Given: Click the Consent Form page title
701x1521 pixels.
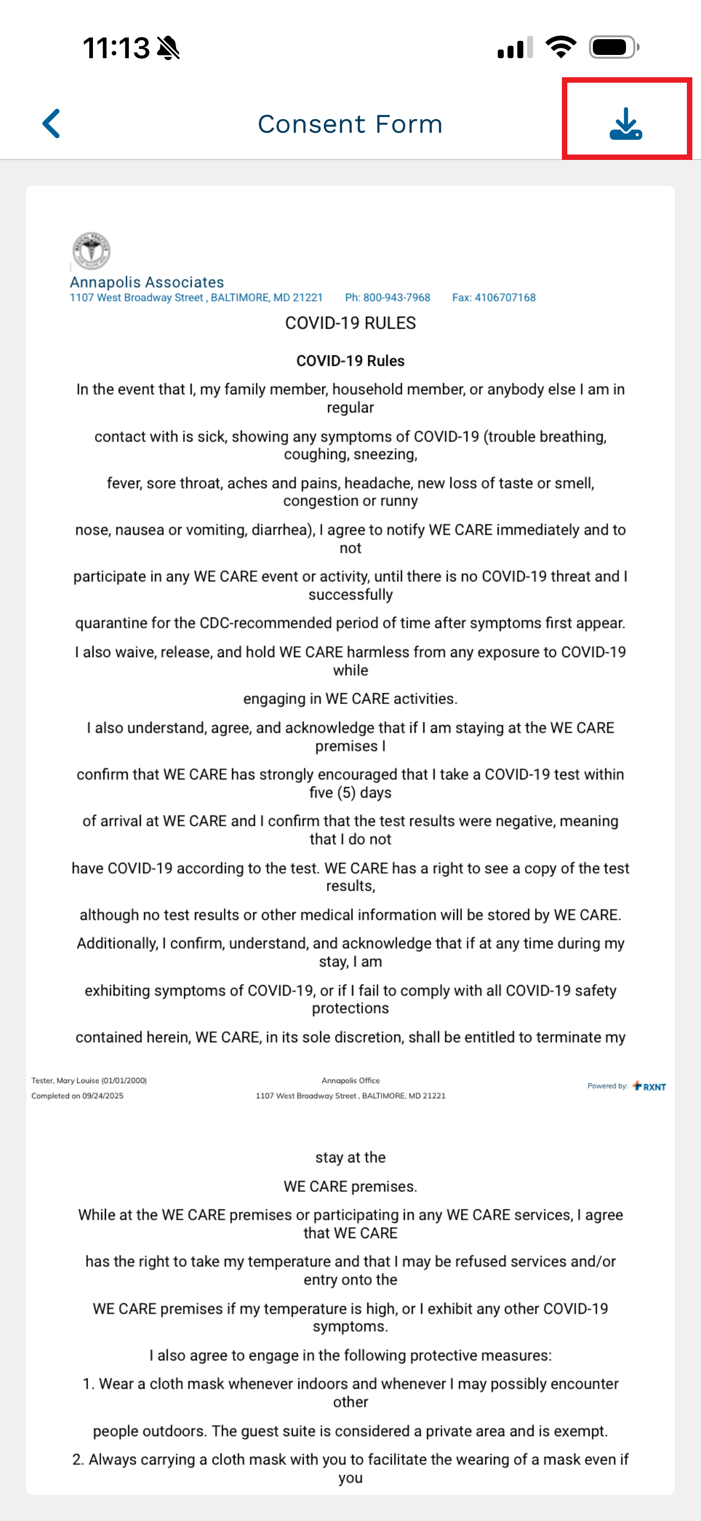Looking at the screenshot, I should pyautogui.click(x=350, y=124).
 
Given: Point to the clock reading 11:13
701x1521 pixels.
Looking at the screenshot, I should pyautogui.click(x=116, y=48).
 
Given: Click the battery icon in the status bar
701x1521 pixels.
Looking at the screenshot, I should pyautogui.click(x=613, y=47).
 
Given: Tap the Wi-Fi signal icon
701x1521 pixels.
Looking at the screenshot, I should pyautogui.click(x=561, y=47).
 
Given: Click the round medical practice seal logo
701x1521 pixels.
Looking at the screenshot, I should pyautogui.click(x=91, y=250).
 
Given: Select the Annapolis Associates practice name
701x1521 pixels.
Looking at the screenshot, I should pyautogui.click(x=147, y=282).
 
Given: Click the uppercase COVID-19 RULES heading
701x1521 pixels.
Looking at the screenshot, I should pyautogui.click(x=351, y=323).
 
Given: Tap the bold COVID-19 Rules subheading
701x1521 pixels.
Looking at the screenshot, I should pyautogui.click(x=351, y=361).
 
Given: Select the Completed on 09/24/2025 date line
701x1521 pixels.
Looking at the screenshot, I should pyautogui.click(x=77, y=1096).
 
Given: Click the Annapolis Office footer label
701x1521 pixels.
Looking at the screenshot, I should pyautogui.click(x=351, y=1080).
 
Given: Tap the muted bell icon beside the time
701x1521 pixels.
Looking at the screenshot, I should pyautogui.click(x=169, y=48).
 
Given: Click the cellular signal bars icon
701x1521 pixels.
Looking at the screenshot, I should pyautogui.click(x=515, y=47).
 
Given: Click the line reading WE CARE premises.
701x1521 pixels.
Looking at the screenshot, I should pyautogui.click(x=351, y=1187).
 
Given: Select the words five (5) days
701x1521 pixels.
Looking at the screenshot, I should pyautogui.click(x=351, y=793).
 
